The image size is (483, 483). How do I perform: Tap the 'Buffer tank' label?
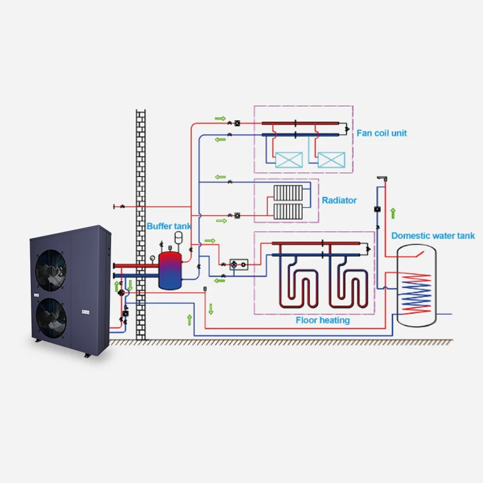click(x=169, y=226)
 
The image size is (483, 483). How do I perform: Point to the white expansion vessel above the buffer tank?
click(x=179, y=236)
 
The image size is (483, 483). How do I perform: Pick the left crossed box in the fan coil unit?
click(x=289, y=159)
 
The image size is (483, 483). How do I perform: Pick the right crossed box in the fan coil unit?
click(x=330, y=159)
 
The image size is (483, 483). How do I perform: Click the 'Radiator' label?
click(x=339, y=200)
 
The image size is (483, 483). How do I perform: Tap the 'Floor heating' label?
click(x=322, y=320)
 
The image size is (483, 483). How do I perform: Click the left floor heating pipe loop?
click(x=296, y=284)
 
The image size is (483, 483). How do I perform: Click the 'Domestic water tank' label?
click(x=433, y=236)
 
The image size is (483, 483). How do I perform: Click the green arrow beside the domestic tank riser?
click(x=393, y=213)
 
